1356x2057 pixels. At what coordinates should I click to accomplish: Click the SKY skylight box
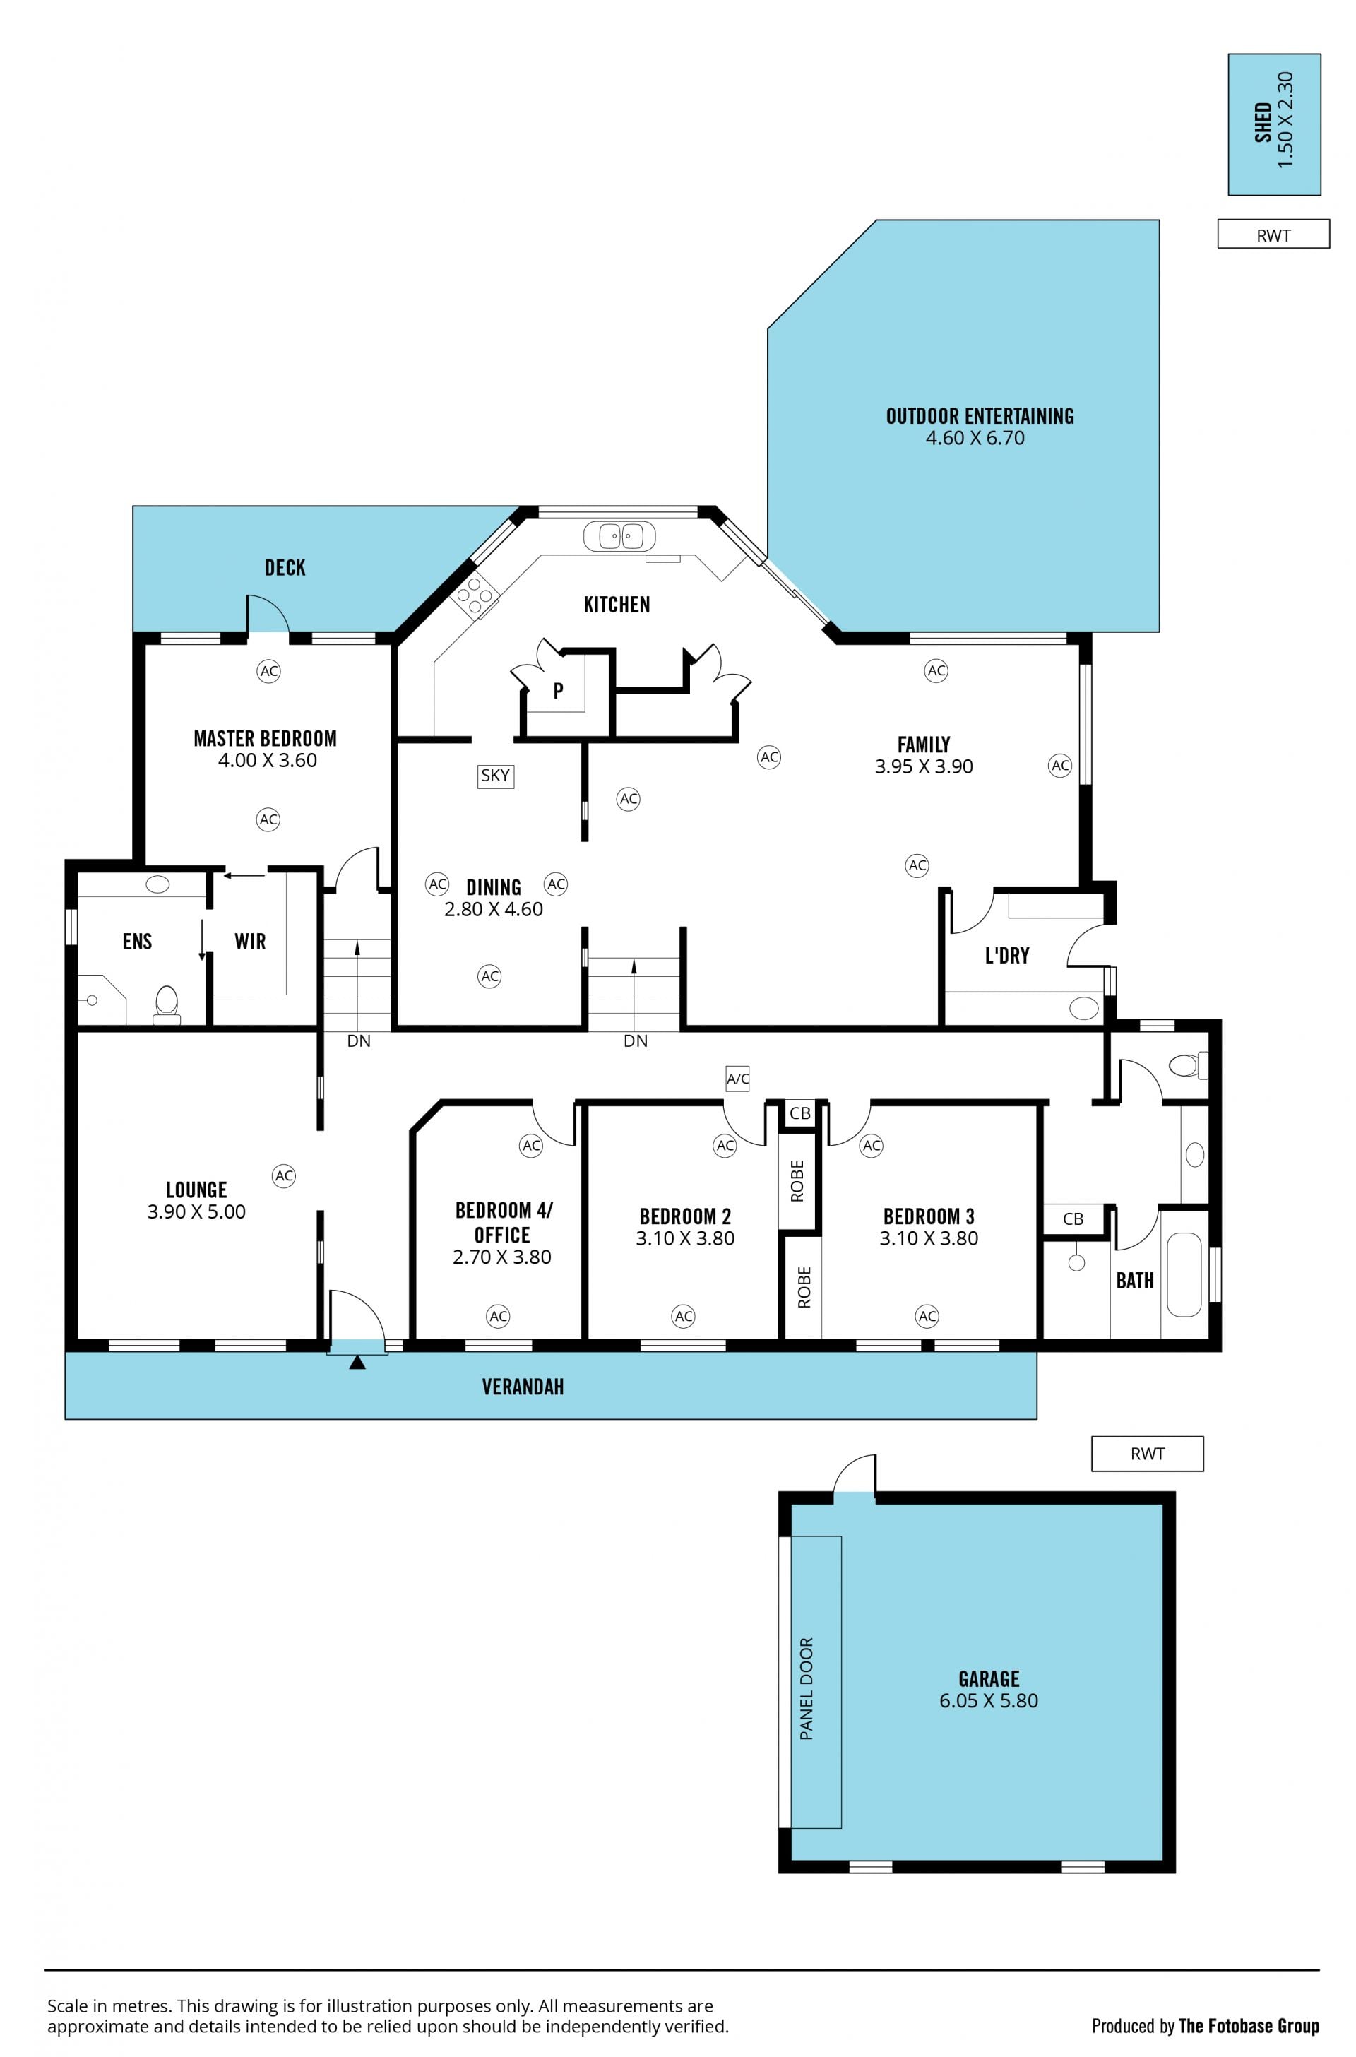click(496, 775)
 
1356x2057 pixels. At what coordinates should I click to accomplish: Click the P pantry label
click(559, 690)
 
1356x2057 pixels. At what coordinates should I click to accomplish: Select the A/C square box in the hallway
click(737, 1078)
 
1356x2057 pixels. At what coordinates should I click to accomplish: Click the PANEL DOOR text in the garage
click(807, 1688)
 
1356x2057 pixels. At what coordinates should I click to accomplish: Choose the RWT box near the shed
click(1273, 235)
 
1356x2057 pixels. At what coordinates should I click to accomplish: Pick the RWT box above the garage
click(1147, 1453)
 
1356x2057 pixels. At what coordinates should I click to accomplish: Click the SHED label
click(1263, 123)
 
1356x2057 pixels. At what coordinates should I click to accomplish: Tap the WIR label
click(250, 941)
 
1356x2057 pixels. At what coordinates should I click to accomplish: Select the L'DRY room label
click(1008, 955)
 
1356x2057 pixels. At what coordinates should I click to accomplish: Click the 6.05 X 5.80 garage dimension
click(989, 1700)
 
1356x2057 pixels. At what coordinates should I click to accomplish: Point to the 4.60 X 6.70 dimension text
click(975, 438)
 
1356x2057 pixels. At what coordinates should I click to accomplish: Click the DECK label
click(285, 567)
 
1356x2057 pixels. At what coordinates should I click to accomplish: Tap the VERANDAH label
click(523, 1387)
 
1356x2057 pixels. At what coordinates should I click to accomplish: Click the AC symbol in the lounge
click(284, 1175)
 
